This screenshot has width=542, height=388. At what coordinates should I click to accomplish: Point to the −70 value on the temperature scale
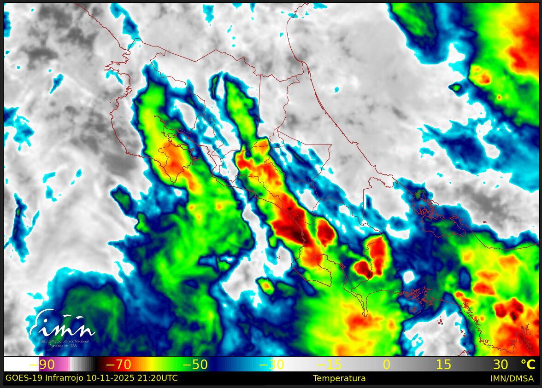pyautogui.click(x=118, y=365)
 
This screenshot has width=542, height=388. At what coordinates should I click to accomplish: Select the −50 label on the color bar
pyautogui.click(x=195, y=365)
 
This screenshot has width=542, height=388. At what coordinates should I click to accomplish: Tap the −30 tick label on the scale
pyautogui.click(x=271, y=365)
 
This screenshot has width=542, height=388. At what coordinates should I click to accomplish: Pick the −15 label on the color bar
pyautogui.click(x=329, y=365)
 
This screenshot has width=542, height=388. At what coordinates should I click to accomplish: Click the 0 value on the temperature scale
pyautogui.click(x=386, y=365)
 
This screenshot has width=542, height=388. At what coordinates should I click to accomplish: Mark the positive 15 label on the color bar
pyautogui.click(x=443, y=365)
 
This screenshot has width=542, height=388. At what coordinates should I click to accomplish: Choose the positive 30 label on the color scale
pyautogui.click(x=501, y=365)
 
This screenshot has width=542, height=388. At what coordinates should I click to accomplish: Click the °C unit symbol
pyautogui.click(x=528, y=365)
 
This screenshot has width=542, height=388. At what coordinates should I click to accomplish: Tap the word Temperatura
pyautogui.click(x=339, y=378)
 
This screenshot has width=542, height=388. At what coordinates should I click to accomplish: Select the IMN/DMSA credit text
pyautogui.click(x=512, y=378)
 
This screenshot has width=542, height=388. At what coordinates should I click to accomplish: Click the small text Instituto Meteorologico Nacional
pyautogui.click(x=63, y=341)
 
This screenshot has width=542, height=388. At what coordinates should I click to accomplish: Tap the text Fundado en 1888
pyautogui.click(x=63, y=345)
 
